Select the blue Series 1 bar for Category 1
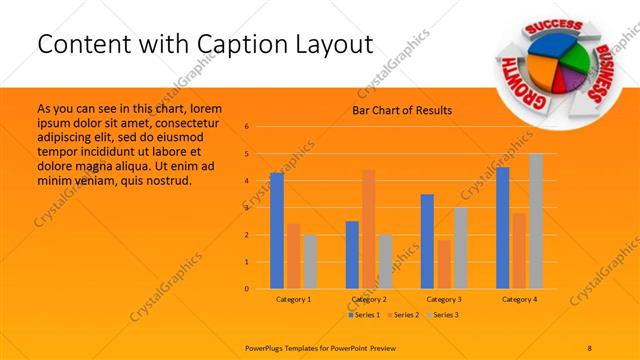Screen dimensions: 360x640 277,231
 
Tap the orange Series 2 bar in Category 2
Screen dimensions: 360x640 368,229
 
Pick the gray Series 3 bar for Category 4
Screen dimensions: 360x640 536,221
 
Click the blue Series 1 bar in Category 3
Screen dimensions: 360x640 427,241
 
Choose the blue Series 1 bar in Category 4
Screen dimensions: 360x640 503,228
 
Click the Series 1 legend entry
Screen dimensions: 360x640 366,315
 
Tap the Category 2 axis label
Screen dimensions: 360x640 369,299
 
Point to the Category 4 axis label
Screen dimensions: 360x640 519,299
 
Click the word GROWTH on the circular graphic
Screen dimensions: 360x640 513,78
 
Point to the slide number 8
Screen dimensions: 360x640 590,346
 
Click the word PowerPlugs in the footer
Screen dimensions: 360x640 268,346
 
